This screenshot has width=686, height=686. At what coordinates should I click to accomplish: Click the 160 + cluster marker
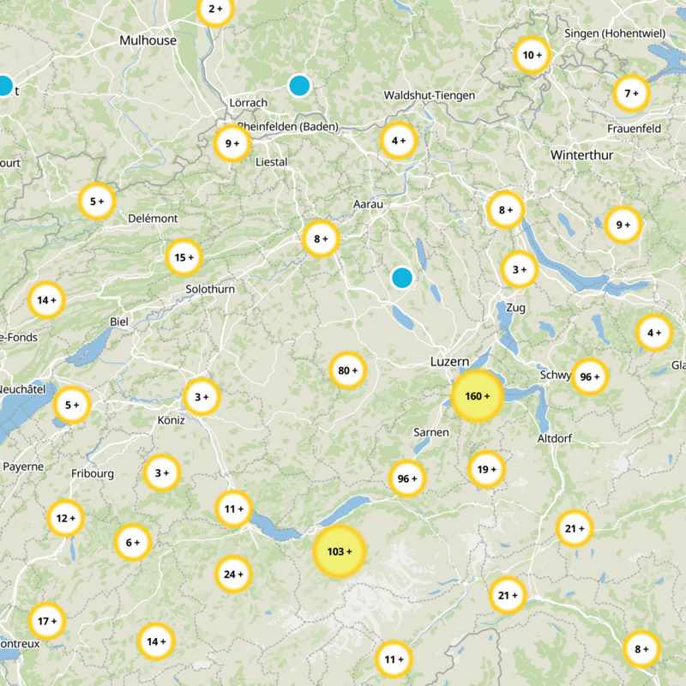pos(476,396)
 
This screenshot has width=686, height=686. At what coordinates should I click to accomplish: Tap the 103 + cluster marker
pos(340,551)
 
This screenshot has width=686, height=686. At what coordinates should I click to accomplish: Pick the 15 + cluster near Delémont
pos(184,256)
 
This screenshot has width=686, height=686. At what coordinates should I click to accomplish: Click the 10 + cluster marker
pos(532,56)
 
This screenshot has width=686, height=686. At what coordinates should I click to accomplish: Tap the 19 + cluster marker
pos(486,469)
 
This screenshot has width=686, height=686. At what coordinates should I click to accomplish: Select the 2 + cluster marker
pos(215,10)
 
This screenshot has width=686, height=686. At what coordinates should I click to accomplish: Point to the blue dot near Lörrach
pos(299,85)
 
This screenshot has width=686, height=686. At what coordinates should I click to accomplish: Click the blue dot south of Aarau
pos(401,278)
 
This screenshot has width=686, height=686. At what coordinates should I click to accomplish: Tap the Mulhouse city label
pos(148,40)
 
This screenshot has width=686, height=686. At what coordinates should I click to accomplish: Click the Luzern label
pos(449,363)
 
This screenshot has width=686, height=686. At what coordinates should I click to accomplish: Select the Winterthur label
pos(582,155)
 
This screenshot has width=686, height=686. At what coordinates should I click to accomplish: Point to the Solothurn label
pos(210,290)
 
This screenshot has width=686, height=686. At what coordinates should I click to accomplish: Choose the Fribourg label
pos(93,473)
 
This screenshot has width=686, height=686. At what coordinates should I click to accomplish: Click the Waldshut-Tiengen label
pos(430,95)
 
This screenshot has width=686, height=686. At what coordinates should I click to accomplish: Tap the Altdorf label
pos(554,438)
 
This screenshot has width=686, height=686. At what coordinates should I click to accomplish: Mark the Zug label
pos(515,307)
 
